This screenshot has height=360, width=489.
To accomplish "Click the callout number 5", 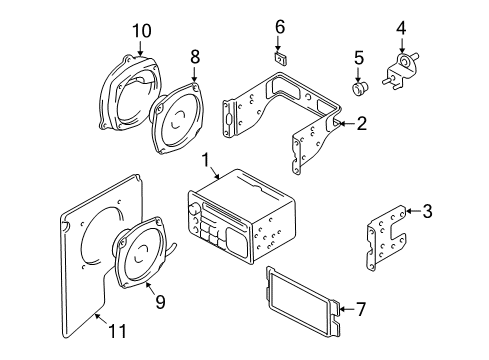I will point(359,58).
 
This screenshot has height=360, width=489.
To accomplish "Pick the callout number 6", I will point(281,26).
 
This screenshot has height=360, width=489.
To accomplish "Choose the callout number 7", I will point(360,308).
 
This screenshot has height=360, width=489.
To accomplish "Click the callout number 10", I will point(139,31).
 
